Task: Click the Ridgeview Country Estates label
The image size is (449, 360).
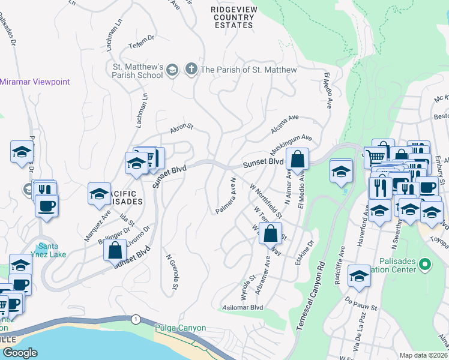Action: [x=232, y=17]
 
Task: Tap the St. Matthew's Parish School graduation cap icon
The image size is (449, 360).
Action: [x=172, y=70]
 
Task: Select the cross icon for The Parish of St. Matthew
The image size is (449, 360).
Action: [x=191, y=70]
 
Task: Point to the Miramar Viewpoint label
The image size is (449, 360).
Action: [x=35, y=82]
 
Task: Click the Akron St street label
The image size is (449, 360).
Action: [x=181, y=127]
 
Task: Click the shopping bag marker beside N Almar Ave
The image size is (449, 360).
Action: [x=297, y=160]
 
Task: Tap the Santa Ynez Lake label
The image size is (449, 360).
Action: [x=48, y=251]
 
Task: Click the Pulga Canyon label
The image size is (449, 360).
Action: [x=180, y=328]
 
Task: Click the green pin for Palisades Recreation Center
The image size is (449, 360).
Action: [x=425, y=264]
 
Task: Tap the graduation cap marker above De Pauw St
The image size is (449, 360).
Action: [x=359, y=276]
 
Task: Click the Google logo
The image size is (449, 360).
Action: [x=20, y=353]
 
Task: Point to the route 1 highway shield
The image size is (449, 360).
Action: [x=137, y=319]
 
